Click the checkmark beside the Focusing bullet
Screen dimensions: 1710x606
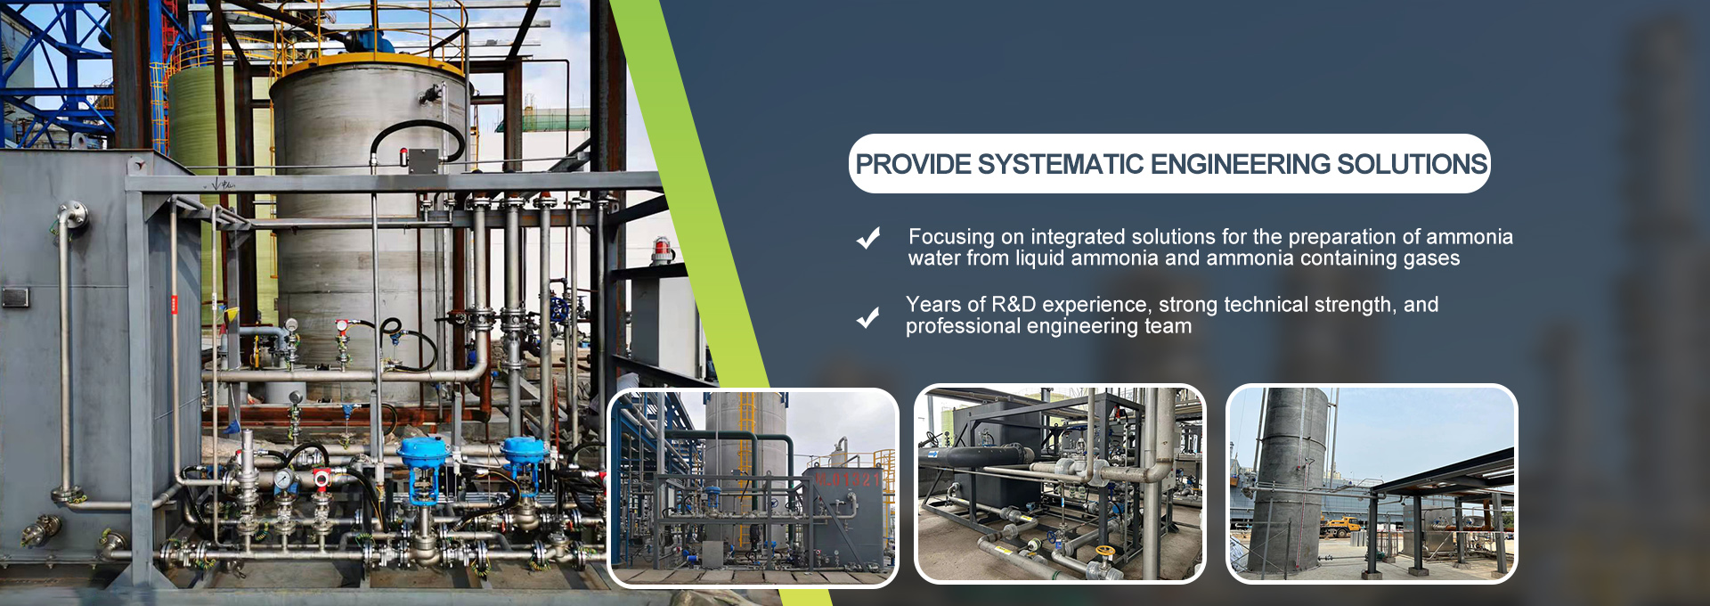point(868,237)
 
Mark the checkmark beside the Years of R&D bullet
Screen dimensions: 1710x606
point(868,316)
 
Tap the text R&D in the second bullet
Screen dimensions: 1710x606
point(1014,304)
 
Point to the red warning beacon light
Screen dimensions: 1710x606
point(662,249)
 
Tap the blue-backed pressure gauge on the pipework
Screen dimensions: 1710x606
point(283,479)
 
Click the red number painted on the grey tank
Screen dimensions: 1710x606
point(849,480)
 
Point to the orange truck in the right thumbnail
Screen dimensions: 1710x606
point(1339,526)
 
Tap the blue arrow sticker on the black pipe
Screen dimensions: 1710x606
point(931,453)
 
